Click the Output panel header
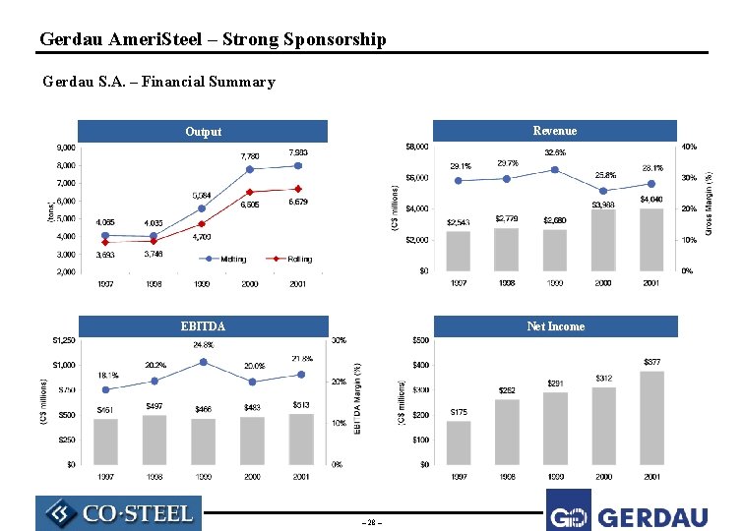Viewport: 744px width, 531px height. (204, 132)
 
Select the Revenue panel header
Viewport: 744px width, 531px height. (555, 131)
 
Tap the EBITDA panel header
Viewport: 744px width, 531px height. (203, 326)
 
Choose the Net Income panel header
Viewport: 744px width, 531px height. (555, 326)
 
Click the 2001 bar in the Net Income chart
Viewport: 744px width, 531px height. (652, 418)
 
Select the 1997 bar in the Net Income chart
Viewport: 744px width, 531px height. (459, 442)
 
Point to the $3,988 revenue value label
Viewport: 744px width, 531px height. (603, 205)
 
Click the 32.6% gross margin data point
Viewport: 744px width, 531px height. (555, 169)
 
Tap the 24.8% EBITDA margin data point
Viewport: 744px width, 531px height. (203, 362)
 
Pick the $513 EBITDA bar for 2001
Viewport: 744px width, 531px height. (300, 439)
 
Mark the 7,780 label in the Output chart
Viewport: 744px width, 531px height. (251, 155)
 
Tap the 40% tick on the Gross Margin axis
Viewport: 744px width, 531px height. (690, 147)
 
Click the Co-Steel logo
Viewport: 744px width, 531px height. (118, 513)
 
